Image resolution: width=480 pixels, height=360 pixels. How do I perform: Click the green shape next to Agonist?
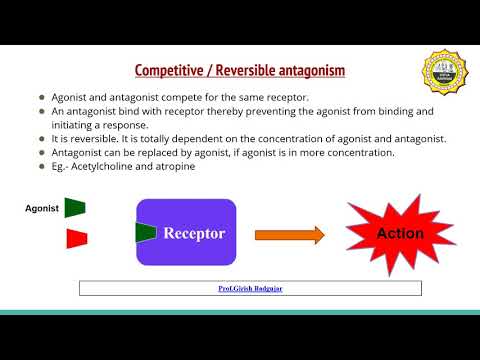point(75,207)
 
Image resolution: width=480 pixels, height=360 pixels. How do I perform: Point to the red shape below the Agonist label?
point(76,238)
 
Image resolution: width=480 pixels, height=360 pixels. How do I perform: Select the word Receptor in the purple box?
point(194,234)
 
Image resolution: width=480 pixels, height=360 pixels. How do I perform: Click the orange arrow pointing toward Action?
point(289,234)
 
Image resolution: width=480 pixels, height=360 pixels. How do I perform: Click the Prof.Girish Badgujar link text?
point(250,288)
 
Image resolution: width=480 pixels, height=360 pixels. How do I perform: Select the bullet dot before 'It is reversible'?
point(42,138)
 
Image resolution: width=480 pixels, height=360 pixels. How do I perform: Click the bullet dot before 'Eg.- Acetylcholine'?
point(42,166)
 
